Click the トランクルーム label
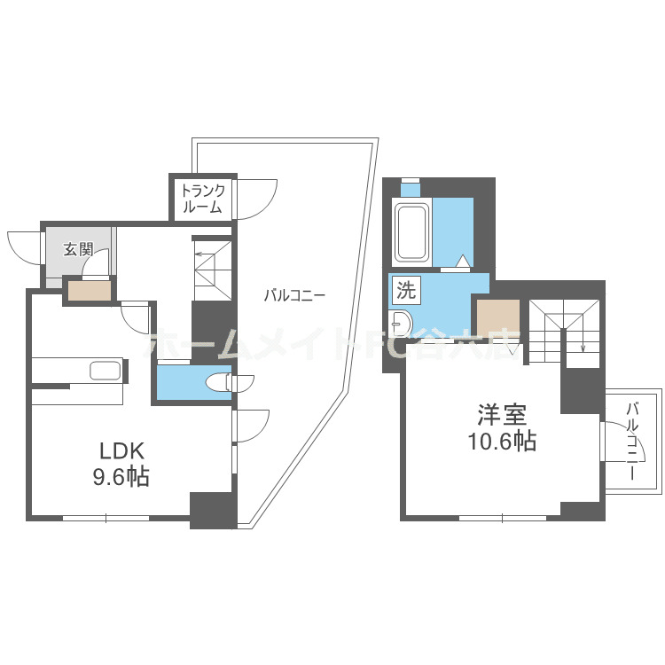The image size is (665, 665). tap(203, 199)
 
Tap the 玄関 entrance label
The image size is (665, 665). tap(78, 249)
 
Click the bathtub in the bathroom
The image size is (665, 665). tap(412, 232)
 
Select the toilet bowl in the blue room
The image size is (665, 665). tap(219, 382)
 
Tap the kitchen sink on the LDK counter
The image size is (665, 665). tap(106, 370)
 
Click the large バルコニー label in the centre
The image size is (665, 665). tap(294, 296)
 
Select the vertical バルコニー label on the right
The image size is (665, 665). tap(632, 441)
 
